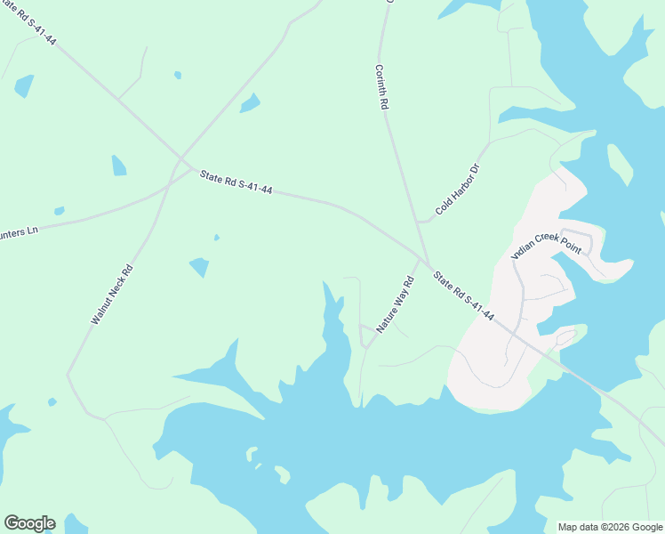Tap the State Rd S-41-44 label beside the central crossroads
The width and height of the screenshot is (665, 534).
[236, 182]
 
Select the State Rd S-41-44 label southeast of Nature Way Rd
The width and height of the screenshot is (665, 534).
[463, 296]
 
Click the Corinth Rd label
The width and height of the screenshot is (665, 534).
[382, 87]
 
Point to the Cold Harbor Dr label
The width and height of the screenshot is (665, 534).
[458, 190]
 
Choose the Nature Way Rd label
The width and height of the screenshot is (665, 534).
[396, 305]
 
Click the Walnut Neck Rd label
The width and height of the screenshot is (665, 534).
[112, 294]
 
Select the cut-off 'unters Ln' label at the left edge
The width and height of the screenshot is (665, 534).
[20, 231]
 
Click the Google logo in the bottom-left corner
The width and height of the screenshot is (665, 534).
[29, 523]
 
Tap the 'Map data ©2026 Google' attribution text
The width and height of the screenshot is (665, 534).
[610, 527]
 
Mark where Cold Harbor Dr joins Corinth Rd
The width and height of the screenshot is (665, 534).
[418, 222]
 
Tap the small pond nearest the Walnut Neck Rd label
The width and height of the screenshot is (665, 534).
[199, 266]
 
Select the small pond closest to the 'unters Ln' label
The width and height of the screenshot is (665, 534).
[59, 211]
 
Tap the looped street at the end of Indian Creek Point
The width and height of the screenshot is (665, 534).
[579, 239]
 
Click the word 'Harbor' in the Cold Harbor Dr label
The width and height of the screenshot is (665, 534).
[459, 189]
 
